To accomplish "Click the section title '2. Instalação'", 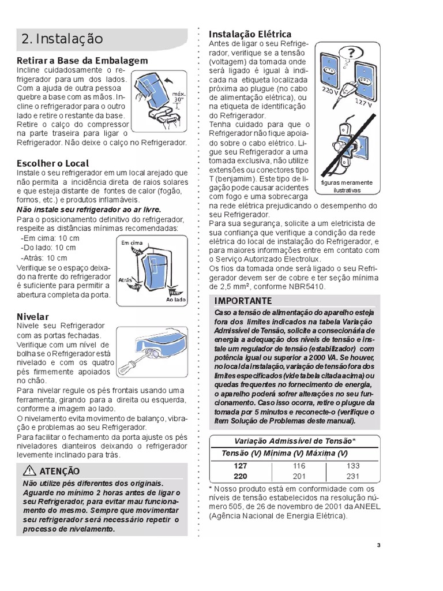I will pyautogui.click(x=62, y=39).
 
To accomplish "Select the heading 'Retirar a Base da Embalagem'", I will pyautogui.click(x=82, y=60).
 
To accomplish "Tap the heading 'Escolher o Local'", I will pyautogui.click(x=52, y=163).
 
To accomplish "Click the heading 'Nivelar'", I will pyautogui.click(x=32, y=316).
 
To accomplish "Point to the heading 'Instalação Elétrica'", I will pyautogui.click(x=250, y=34).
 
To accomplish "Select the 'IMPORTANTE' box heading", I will pyautogui.click(x=243, y=301).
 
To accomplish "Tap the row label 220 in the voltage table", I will pyautogui.click(x=240, y=476).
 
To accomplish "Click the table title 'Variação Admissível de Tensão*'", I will pyautogui.click(x=294, y=441).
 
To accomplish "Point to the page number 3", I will pyautogui.click(x=378, y=545).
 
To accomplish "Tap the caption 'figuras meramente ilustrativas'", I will pyautogui.click(x=347, y=186).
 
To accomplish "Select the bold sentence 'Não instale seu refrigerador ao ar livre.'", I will pyautogui.click(x=88, y=209).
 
